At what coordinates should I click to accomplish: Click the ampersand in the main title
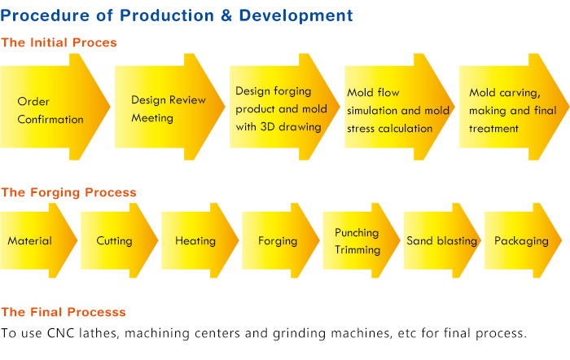pyautogui.click(x=226, y=15)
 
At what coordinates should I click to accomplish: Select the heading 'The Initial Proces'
pyautogui.click(x=59, y=42)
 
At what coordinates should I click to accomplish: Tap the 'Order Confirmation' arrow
pyautogui.click(x=55, y=107)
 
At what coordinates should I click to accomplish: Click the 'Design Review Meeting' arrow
pyautogui.click(x=170, y=107)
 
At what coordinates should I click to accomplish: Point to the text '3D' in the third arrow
pyautogui.click(x=268, y=127)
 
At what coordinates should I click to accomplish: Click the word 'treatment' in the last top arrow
pyautogui.click(x=493, y=129)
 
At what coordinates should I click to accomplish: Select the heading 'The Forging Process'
pyautogui.click(x=68, y=192)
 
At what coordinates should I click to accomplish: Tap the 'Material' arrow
pyautogui.click(x=38, y=240)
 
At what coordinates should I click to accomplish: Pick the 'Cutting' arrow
pyautogui.click(x=119, y=240)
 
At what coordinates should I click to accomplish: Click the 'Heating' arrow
pyautogui.click(x=200, y=240)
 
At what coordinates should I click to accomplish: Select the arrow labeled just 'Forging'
pyautogui.click(x=281, y=240)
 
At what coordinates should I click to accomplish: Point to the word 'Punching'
pyautogui.click(x=357, y=233)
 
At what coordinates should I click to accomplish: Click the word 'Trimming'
pyautogui.click(x=357, y=250)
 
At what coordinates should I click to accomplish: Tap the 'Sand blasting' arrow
pyautogui.click(x=442, y=240)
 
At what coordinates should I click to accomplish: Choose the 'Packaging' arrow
pyautogui.click(x=523, y=240)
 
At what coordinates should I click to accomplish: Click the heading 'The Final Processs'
pyautogui.click(x=64, y=312)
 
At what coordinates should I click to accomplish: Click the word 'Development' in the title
pyautogui.click(x=296, y=16)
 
